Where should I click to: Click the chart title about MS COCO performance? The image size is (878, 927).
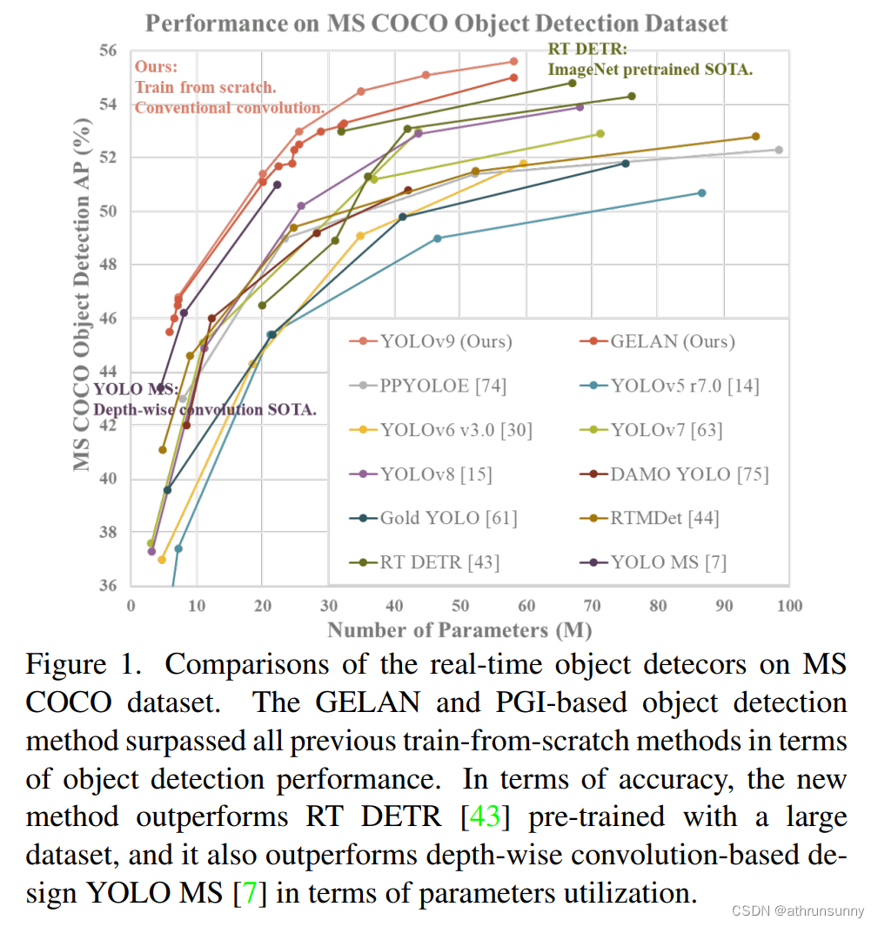pos(436,23)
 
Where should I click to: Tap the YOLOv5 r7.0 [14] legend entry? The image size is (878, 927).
pos(684,386)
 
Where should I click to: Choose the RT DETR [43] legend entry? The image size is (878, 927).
pos(439,562)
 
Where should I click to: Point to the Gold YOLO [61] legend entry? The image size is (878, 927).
pos(448,518)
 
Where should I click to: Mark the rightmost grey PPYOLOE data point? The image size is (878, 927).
pos(779,150)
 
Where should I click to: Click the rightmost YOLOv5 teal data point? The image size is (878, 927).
pos(701,192)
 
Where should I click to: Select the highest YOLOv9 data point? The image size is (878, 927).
pos(513,61)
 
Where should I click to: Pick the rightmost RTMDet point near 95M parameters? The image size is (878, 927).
pos(755,137)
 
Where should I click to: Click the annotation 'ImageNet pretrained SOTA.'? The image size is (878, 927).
pos(649,69)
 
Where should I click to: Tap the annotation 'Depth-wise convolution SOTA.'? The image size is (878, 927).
pos(204,409)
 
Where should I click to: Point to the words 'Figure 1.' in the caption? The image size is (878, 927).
pos(83,666)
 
